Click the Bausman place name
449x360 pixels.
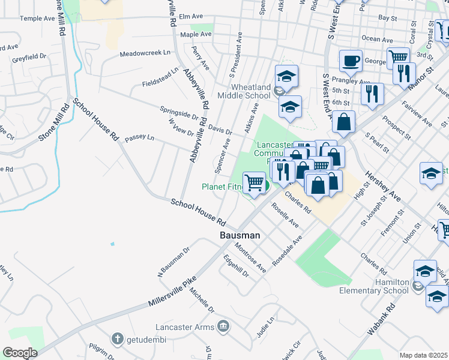tap(240, 236)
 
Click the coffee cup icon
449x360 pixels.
tap(351, 61)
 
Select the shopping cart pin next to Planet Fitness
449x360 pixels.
tap(255, 182)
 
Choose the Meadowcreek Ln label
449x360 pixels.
tap(145, 53)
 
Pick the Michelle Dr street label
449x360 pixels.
tap(202, 300)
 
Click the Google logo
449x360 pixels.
tap(20, 353)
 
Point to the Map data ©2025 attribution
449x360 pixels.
tap(423, 355)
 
